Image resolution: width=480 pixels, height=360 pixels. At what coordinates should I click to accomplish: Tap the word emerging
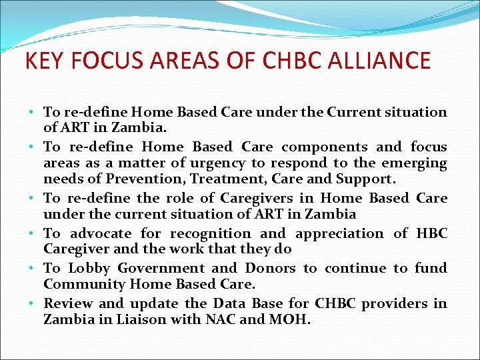click(413, 163)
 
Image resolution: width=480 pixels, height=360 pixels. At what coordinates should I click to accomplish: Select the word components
click(324, 147)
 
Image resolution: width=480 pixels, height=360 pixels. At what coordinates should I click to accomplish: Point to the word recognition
click(211, 233)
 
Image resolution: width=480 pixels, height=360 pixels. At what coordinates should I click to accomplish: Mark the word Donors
click(270, 268)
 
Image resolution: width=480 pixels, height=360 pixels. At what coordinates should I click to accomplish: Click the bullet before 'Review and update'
click(33, 304)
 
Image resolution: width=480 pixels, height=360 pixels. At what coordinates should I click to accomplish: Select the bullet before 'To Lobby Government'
click(33, 269)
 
